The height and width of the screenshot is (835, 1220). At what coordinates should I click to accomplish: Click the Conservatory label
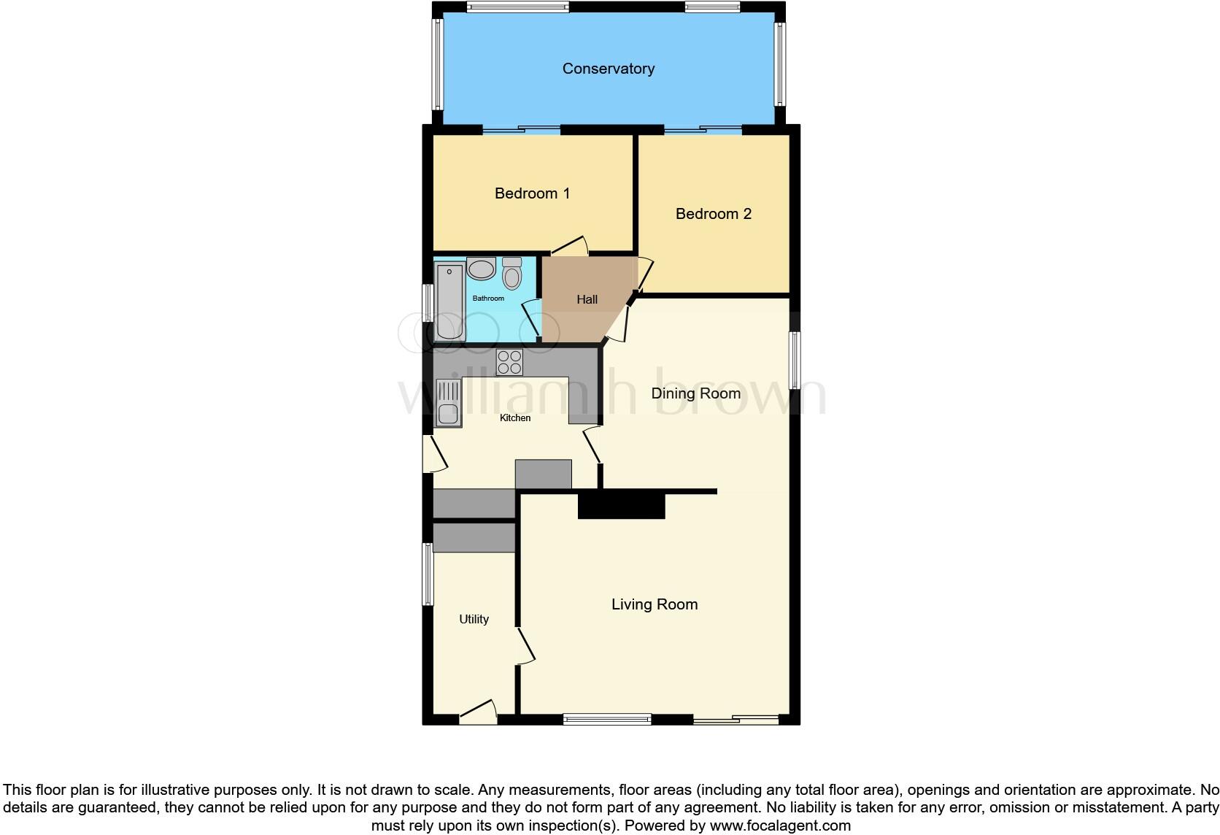coord(608,69)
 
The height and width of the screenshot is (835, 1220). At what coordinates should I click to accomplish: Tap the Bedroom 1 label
coord(532,193)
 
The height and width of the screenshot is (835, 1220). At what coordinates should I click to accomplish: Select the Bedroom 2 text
coord(713,214)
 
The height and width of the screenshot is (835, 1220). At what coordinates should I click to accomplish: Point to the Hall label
coord(587,299)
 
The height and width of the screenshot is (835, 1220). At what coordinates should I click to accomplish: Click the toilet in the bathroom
coord(512,274)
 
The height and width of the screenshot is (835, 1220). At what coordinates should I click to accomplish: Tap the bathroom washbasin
coord(481,269)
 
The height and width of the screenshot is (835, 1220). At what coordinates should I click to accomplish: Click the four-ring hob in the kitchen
coord(509,363)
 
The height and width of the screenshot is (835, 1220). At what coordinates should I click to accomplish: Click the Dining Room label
coord(695,393)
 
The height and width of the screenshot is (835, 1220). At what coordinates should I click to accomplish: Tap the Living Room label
coord(654,604)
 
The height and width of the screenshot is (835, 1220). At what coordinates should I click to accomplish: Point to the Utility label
coord(474,619)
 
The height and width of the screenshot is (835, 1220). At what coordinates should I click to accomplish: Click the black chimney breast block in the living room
coord(621,506)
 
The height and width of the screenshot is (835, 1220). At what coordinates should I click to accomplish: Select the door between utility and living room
coord(525,646)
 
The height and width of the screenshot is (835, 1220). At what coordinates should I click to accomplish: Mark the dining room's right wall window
coord(795,361)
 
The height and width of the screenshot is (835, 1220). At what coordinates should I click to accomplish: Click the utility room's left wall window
coord(428,574)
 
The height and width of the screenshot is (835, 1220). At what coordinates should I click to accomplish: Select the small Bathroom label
coord(488,299)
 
